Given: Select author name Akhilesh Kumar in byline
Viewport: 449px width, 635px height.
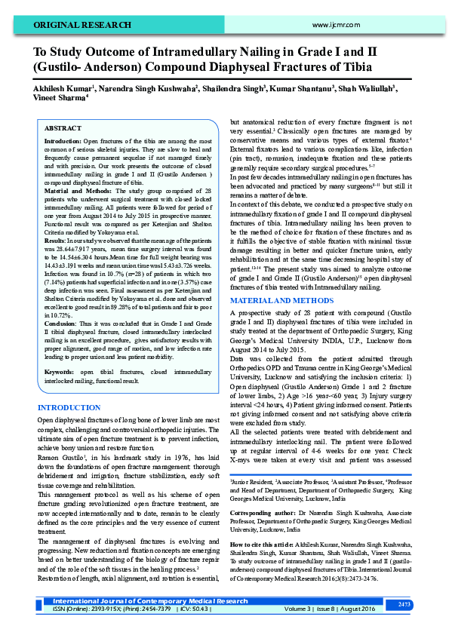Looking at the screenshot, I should [61, 88].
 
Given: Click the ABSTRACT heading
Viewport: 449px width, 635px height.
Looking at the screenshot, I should [63, 129].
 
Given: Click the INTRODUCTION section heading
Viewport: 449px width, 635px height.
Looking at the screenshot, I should [69, 408].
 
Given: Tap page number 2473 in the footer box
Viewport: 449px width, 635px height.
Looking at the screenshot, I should [404, 604].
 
